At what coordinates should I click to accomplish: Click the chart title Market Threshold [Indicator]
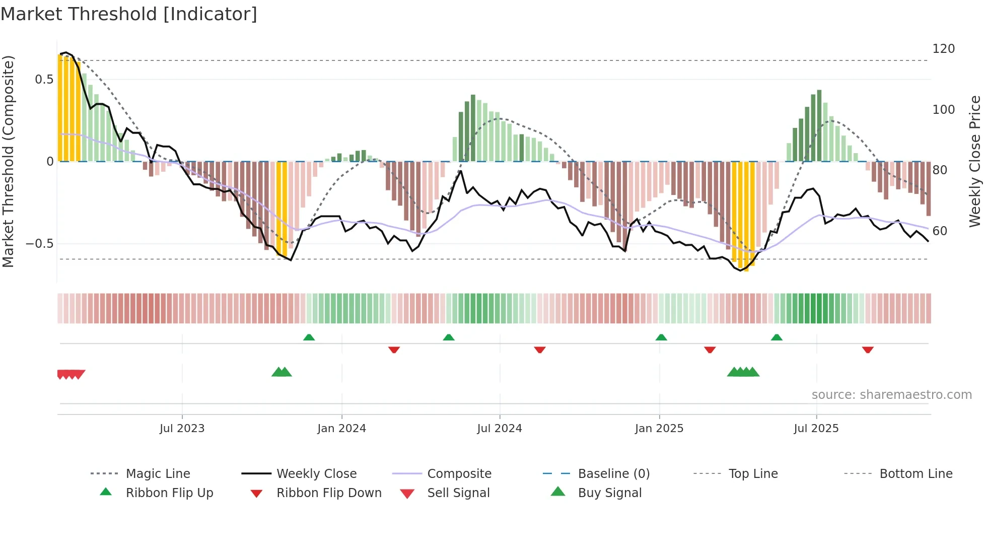click(129, 14)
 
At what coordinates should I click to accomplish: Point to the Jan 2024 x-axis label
click(341, 429)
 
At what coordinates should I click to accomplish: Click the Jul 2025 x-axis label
click(816, 429)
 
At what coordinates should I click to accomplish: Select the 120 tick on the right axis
click(943, 49)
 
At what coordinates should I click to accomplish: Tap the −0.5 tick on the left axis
click(39, 244)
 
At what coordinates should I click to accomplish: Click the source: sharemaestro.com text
click(891, 395)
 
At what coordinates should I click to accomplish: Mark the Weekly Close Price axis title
click(975, 161)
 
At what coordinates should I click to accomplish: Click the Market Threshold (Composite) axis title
click(8, 161)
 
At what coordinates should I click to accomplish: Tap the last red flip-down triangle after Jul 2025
click(867, 350)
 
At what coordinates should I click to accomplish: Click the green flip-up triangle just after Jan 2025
click(661, 337)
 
